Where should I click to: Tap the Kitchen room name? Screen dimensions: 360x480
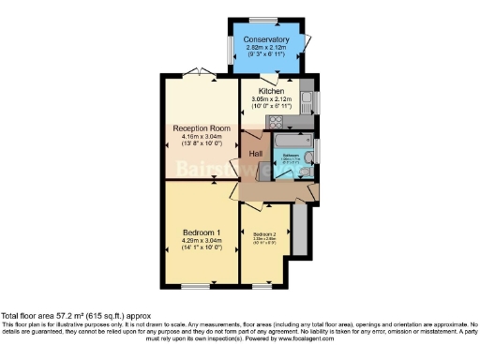coord(277,92)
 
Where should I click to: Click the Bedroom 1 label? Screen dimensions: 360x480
coord(202,231)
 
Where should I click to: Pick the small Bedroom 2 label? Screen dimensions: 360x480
coord(264,234)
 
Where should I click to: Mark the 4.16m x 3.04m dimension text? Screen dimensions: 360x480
coord(201,138)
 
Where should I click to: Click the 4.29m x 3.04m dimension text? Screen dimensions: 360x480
coord(202,240)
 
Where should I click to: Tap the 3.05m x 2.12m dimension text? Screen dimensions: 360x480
coord(277,100)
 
